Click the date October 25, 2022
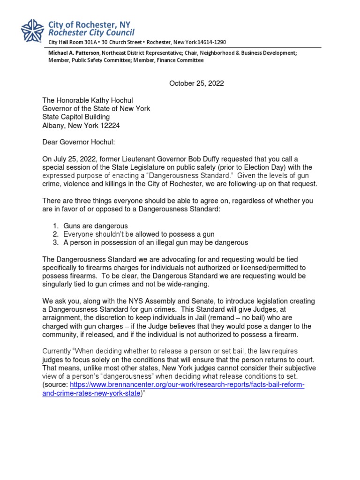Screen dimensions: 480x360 point(196,83)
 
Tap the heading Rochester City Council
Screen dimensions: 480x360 point(91,32)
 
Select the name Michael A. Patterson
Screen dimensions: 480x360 point(71,53)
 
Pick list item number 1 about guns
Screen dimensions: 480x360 point(95,226)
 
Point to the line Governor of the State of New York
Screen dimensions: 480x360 point(96,108)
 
